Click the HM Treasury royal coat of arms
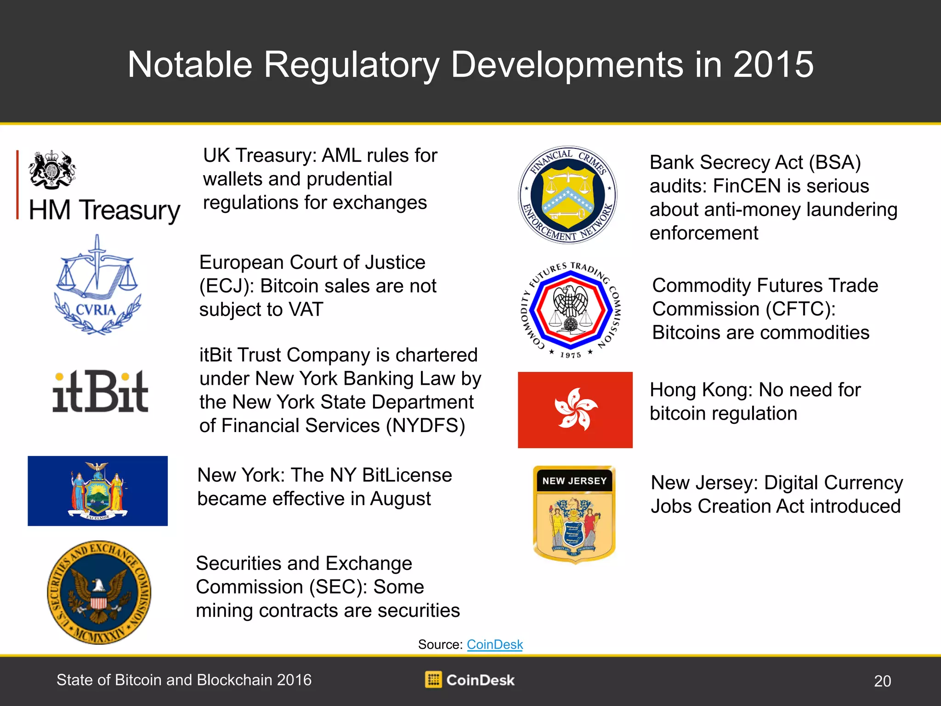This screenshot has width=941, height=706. coord(52,169)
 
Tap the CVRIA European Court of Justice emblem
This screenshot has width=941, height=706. coord(97,285)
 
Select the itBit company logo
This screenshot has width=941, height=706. coord(100,391)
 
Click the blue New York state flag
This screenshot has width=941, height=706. coord(97,491)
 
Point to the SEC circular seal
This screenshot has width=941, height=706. coord(99,592)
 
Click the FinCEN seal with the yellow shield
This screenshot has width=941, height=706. coord(568,195)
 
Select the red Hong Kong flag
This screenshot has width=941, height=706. coord(575,410)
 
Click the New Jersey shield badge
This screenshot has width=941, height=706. coord(574,514)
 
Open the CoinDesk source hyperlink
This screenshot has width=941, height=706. coord(495,644)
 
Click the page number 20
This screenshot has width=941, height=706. coord(882,681)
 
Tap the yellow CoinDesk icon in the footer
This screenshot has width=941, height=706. coord(433,679)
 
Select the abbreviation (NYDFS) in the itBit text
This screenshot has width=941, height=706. coord(425,426)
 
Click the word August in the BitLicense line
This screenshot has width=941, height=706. coord(401,499)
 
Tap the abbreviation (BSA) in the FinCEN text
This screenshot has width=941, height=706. coord(835,163)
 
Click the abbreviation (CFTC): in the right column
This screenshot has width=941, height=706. coord(801,309)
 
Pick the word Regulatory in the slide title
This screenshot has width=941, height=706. coord(351,65)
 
